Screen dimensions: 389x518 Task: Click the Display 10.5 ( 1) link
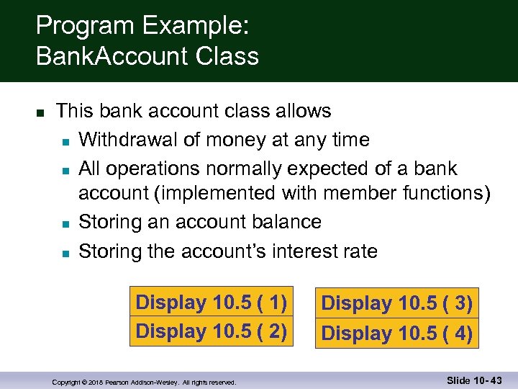pos(212,303)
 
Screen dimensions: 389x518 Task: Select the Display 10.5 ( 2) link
pos(212,331)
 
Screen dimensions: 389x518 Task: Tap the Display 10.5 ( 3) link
pos(396,304)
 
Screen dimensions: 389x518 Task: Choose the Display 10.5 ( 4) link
pos(396,334)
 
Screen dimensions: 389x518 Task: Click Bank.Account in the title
pos(106,56)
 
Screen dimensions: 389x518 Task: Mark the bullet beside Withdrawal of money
pos(65,141)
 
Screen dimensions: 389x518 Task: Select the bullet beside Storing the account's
pos(65,253)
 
